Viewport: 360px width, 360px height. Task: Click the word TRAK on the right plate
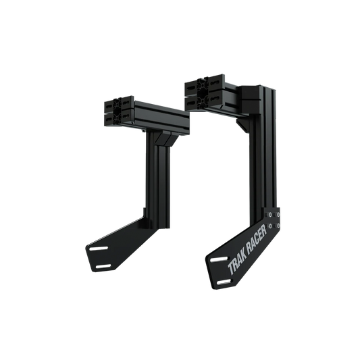[232, 259]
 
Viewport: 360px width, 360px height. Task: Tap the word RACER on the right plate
[255, 239]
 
